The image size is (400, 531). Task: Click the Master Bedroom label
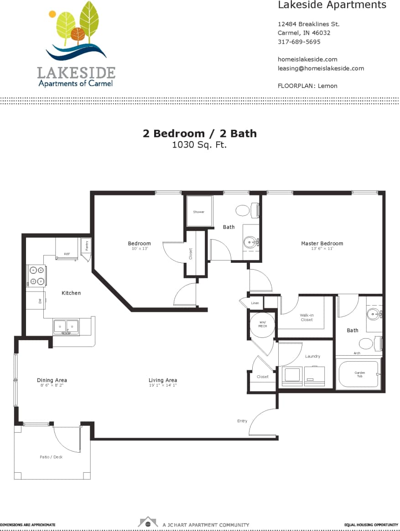pos(322,244)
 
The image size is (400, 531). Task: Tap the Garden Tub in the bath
pos(359,374)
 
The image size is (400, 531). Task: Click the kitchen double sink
pos(66,326)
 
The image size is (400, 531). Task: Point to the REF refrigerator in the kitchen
pos(67,249)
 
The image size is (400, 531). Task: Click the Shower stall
pos(199,211)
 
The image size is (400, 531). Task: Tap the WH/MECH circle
pos(262,324)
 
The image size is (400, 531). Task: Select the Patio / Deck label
pos(51,457)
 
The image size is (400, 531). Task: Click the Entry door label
pos(242,421)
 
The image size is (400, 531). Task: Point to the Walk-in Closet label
pos(306,317)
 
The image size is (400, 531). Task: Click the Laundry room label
pos(312,356)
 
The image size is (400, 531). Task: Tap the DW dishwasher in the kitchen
pos(35,301)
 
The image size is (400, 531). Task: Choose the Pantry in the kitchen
pos(87,245)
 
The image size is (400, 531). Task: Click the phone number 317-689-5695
pos(299,42)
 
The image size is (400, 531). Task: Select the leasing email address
pos(321,68)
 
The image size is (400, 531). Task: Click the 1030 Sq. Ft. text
pos(199,145)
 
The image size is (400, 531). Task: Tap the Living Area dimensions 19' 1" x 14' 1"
pos(162,385)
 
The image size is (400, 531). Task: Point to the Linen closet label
pos(255,303)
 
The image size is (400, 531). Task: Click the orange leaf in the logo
pos(78,34)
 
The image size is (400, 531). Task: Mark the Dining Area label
pos(52,380)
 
